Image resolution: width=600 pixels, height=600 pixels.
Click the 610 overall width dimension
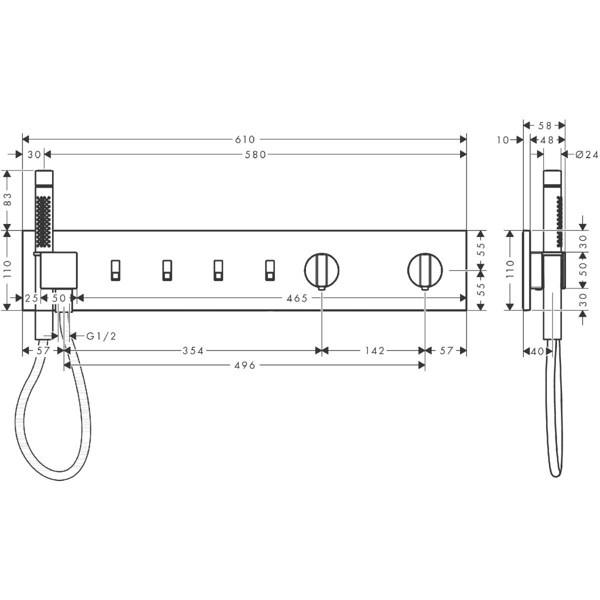[x=244, y=139]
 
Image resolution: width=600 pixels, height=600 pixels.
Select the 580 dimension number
[x=255, y=154]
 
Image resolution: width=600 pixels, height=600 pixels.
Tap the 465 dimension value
[x=296, y=298]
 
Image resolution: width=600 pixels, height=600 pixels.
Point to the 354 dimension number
[x=192, y=351]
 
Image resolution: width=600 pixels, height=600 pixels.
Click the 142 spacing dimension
[x=375, y=351]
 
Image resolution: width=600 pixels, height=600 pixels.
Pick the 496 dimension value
[x=244, y=365]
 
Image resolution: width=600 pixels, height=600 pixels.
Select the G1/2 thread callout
[x=101, y=336]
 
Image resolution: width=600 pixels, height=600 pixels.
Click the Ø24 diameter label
[x=587, y=154]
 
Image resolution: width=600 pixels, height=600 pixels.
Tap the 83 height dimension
[x=7, y=199]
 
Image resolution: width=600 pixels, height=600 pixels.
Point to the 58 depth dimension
[x=544, y=125]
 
